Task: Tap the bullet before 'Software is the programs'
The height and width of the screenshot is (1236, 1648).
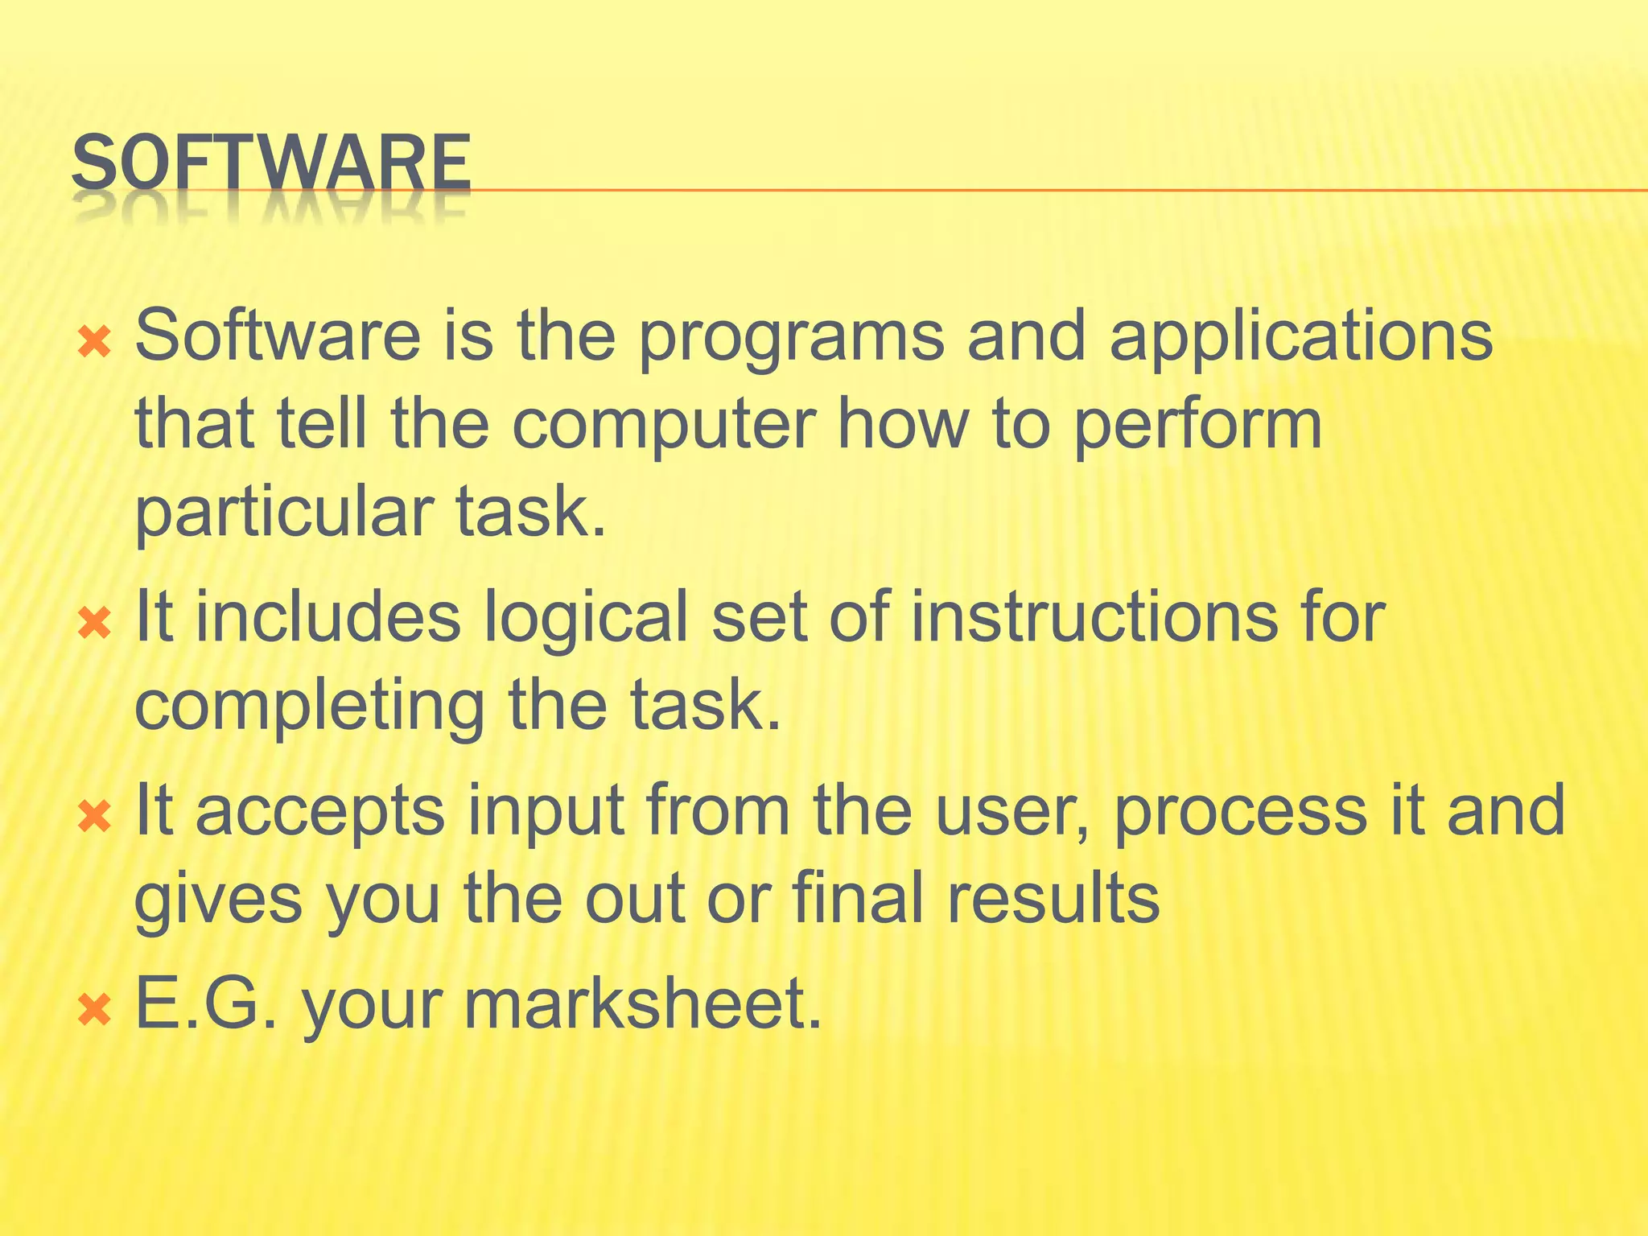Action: pyautogui.click(x=94, y=344)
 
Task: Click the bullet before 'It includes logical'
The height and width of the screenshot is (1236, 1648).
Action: pyautogui.click(x=94, y=623)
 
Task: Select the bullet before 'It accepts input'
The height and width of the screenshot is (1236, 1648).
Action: pyautogui.click(x=94, y=818)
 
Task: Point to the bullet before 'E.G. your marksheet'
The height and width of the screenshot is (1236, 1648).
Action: pyautogui.click(x=94, y=1009)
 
